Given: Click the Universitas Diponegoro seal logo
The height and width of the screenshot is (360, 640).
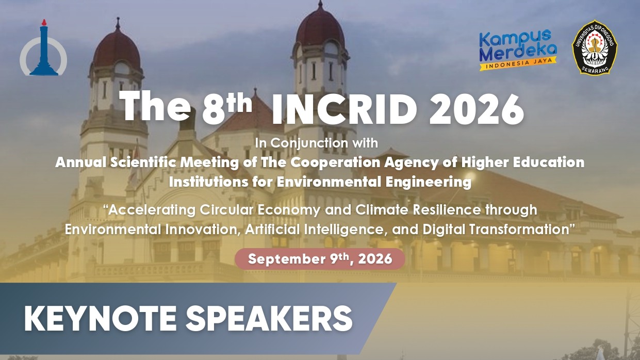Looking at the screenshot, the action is (x=595, y=47).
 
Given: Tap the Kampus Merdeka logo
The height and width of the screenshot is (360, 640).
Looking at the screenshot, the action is (x=518, y=50).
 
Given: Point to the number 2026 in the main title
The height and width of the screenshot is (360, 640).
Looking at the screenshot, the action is (x=477, y=110).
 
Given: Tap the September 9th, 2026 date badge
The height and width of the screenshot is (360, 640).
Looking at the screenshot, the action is (x=320, y=259).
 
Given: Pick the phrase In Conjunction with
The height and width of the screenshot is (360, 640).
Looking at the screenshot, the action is (x=316, y=143).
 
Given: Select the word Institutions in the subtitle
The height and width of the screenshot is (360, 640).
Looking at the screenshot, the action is (x=208, y=182).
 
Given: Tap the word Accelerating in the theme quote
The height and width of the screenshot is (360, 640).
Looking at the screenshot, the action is (x=152, y=210).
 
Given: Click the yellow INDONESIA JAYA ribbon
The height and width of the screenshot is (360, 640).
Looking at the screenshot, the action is (x=518, y=64).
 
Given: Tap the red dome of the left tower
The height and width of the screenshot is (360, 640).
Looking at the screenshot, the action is (x=117, y=50).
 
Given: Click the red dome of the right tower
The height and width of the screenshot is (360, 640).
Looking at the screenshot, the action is (x=320, y=27).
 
